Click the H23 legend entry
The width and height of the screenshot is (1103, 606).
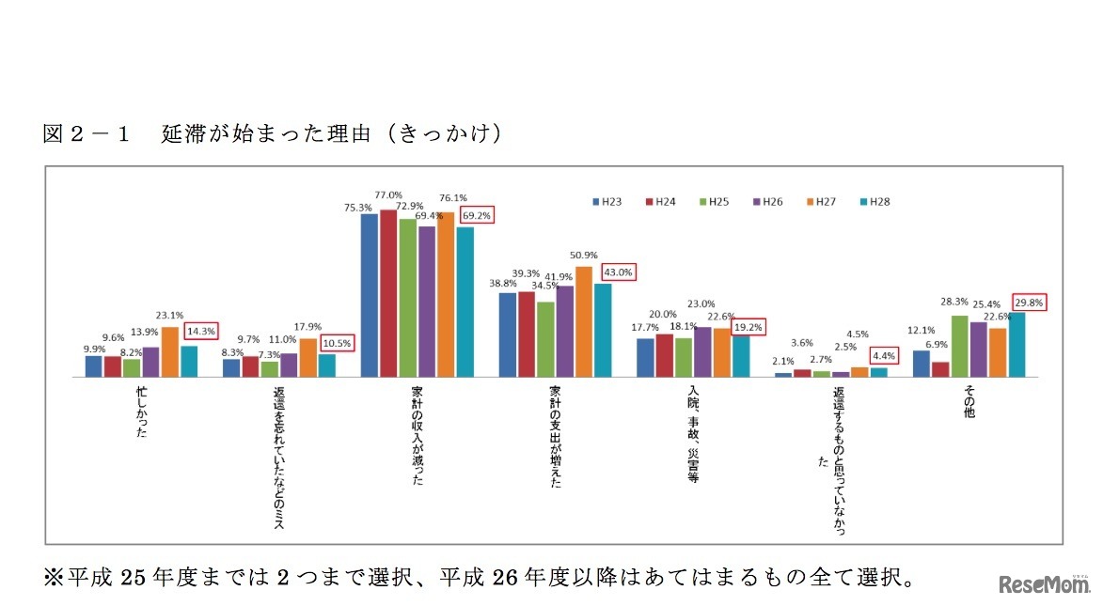tap(607, 201)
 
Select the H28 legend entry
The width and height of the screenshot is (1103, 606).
tap(872, 201)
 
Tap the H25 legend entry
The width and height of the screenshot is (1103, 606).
tap(714, 201)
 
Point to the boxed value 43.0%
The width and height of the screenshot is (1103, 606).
tap(618, 272)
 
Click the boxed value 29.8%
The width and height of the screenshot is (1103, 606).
tap(1030, 303)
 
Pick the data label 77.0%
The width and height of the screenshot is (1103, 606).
tap(389, 195)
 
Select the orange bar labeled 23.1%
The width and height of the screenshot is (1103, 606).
tap(170, 351)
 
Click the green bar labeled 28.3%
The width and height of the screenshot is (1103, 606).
tap(960, 346)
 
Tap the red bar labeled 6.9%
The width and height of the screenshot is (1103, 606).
tap(940, 369)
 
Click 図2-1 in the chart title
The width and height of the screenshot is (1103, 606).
tap(86, 133)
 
